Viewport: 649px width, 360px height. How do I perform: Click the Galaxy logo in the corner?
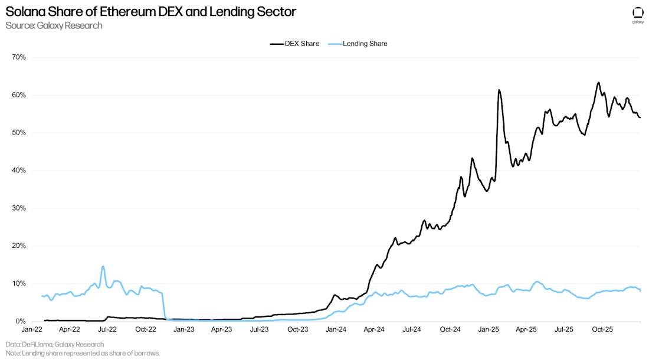coord(638,14)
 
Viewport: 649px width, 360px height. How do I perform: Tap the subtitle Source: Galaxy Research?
coord(54,25)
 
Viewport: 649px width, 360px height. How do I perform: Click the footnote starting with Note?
coord(83,353)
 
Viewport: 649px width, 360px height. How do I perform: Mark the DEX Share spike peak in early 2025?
coord(499,90)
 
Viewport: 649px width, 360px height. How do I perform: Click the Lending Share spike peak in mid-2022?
coord(103,266)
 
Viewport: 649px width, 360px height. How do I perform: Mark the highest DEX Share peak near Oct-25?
coord(598,83)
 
